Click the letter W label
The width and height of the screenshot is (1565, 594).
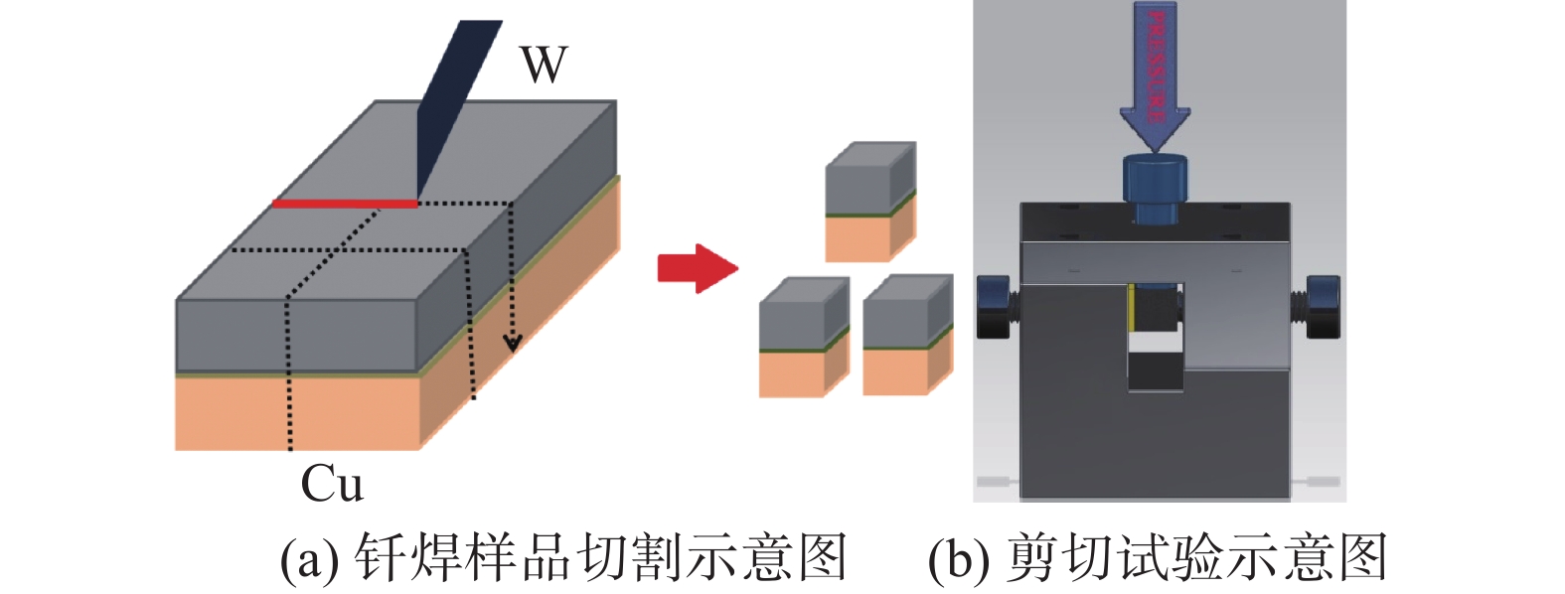(544, 65)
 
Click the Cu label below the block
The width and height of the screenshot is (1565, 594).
(332, 485)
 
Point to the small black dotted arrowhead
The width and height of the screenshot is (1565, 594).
(512, 344)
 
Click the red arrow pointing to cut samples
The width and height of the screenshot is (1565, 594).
(697, 268)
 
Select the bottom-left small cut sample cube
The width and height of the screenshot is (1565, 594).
(803, 338)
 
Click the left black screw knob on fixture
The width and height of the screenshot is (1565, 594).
(995, 306)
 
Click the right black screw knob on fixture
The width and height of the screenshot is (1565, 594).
(1323, 305)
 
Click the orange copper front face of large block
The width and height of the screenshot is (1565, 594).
(298, 412)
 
